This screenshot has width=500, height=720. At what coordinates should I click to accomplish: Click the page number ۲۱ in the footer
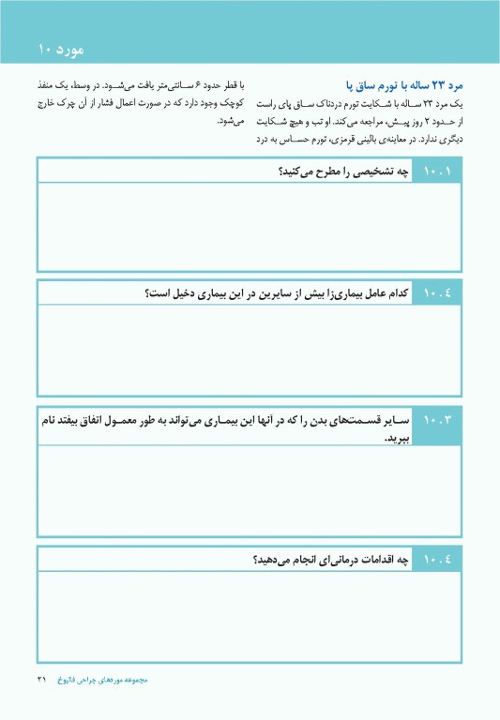tap(41, 678)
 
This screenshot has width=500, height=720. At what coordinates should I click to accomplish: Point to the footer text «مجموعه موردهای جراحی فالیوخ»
tap(111, 678)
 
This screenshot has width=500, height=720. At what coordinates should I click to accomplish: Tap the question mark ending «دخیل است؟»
tap(147, 295)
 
